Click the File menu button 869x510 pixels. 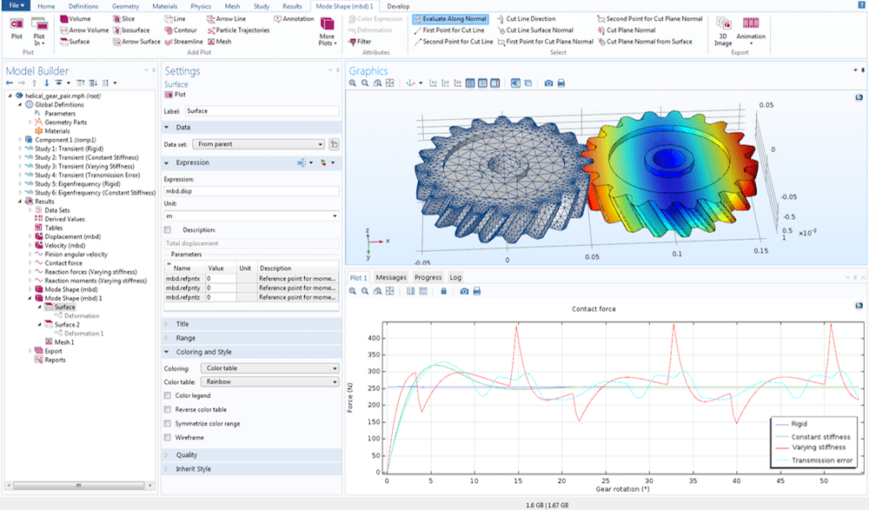[16, 6]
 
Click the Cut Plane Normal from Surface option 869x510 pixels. [649, 42]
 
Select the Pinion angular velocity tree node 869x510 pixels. [76, 255]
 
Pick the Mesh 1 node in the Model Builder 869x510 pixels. [64, 342]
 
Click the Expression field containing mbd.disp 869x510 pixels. [250, 191]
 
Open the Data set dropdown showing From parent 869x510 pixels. [260, 144]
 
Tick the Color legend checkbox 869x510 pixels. [168, 395]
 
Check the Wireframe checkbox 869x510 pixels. [168, 437]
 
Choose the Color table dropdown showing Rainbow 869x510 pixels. [269, 381]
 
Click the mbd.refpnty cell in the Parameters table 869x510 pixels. [183, 288]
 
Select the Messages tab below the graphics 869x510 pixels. [390, 278]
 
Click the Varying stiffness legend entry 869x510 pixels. [812, 447]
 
